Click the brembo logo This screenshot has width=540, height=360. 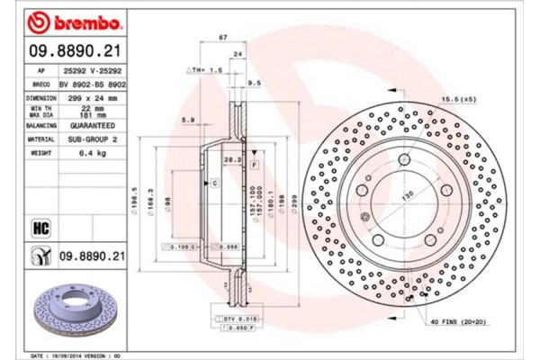click(66, 20)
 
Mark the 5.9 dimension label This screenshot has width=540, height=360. click(187, 120)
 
